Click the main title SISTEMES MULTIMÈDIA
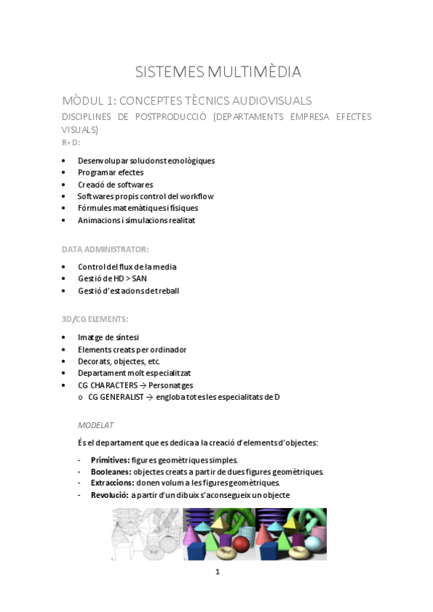click(218, 71)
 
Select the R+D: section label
click(71, 142)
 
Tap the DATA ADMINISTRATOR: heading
click(105, 249)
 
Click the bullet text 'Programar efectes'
click(111, 172)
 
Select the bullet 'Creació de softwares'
click(115, 184)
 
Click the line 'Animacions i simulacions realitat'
click(136, 220)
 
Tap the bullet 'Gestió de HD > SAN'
click(112, 279)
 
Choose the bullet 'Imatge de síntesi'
click(108, 338)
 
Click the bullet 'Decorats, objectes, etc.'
click(119, 361)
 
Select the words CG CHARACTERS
click(108, 385)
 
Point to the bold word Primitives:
click(110, 460)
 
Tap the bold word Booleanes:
click(111, 471)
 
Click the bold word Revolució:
click(109, 494)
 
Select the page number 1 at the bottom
click(217, 572)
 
